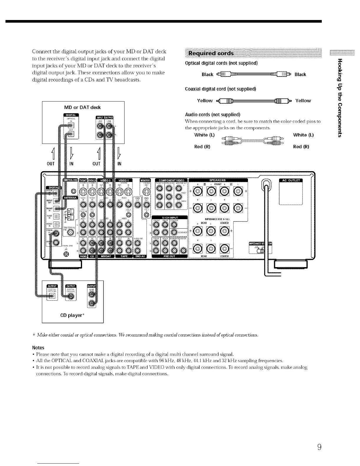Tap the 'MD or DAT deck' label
[x=83, y=107]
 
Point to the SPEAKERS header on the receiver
[x=218, y=180]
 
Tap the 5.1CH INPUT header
[x=170, y=217]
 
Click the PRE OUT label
[x=169, y=256]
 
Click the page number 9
[x=319, y=447]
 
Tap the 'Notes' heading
[x=38, y=347]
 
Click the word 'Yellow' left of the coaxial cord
[x=205, y=101]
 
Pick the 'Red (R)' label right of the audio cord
[x=301, y=147]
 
